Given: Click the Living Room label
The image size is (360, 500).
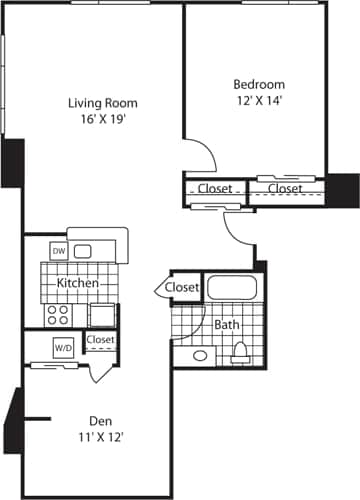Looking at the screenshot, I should point(102,103).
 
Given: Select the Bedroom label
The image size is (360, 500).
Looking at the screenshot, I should point(259,84).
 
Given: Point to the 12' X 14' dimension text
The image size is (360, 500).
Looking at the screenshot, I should point(259,101).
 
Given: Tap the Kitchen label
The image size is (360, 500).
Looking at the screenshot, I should point(77,283).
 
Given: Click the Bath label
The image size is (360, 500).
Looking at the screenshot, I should point(225,325).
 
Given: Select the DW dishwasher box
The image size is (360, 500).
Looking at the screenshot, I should point(58,251).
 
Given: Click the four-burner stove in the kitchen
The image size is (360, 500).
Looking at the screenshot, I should point(58,314).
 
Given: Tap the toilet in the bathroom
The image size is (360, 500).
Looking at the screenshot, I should point(240,351).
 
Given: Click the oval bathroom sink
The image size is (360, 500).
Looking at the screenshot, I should point(199,355).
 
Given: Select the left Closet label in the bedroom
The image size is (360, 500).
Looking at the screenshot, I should point(215,188).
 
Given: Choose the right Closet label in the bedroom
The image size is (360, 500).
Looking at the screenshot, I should point(284,188).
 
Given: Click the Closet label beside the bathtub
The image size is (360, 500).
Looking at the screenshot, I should point(182,288).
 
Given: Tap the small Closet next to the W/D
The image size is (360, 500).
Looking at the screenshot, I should point(101,340).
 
